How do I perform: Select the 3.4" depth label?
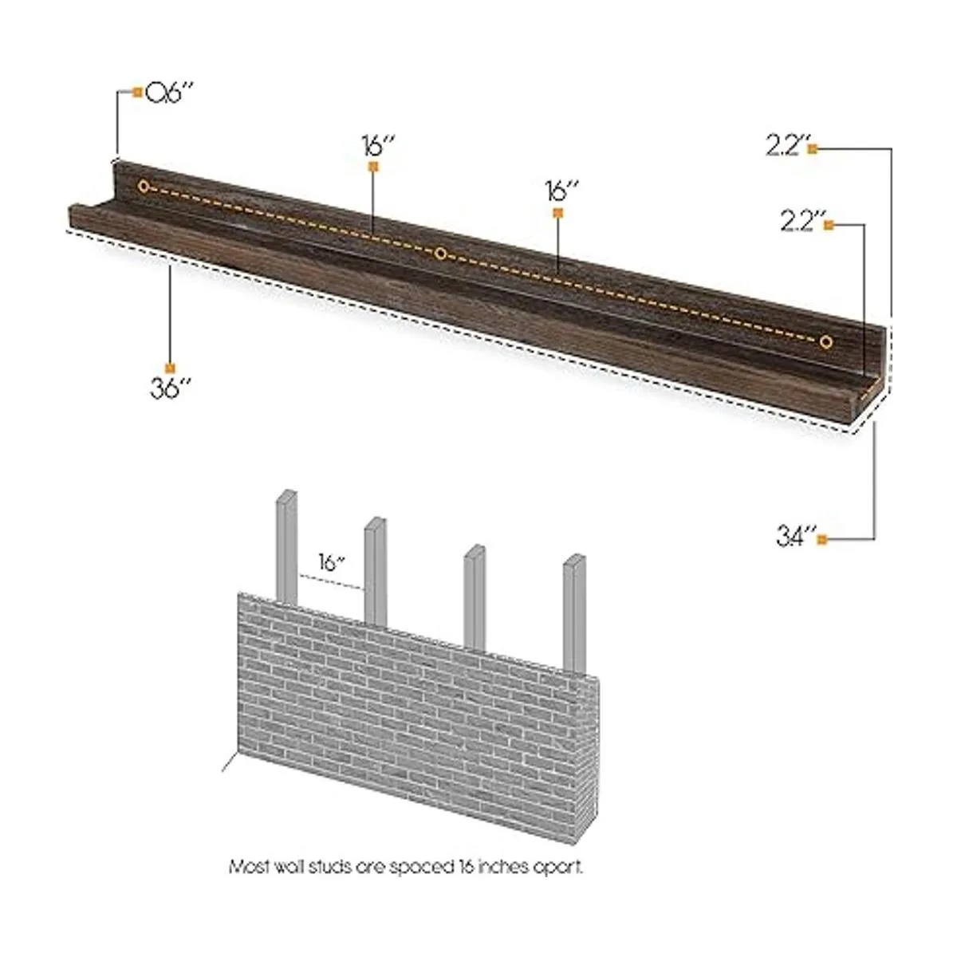(x=796, y=537)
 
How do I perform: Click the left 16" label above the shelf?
(x=378, y=145)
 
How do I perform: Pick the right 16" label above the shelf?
(x=562, y=191)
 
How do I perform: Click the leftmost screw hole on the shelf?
(x=144, y=187)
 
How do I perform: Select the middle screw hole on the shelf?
(x=440, y=254)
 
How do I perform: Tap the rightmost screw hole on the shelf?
(x=826, y=341)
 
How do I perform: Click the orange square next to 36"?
(x=170, y=368)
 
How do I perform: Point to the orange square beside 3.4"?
(x=822, y=539)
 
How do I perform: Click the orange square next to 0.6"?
(x=137, y=92)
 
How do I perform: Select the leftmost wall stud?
(x=286, y=547)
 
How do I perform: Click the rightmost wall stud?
(x=574, y=614)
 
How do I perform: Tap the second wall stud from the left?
(x=376, y=572)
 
